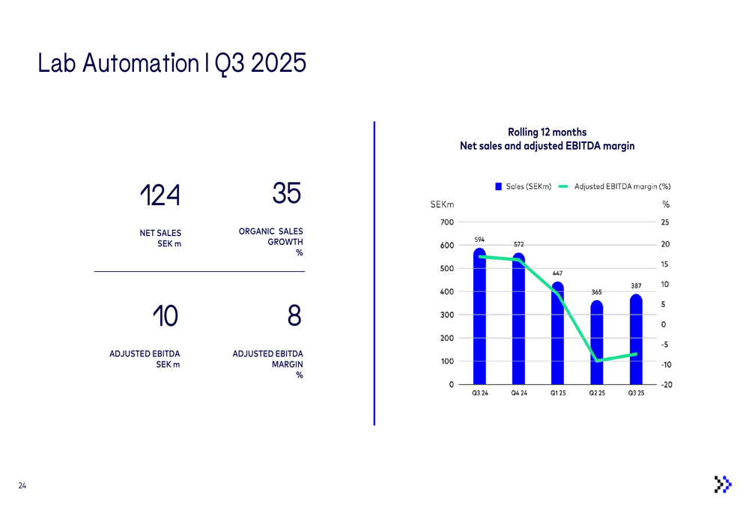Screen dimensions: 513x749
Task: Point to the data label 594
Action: [x=479, y=240]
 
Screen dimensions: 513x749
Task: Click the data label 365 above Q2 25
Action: [x=596, y=291]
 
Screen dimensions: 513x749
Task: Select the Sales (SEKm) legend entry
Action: [x=523, y=186]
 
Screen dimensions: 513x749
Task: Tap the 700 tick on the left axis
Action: [x=446, y=222]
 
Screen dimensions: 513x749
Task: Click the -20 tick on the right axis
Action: [x=666, y=385]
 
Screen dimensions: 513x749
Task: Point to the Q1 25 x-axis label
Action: [x=557, y=393]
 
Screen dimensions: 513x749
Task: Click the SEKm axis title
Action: [x=442, y=204]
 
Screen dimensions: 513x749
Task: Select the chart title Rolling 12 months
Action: [x=547, y=133]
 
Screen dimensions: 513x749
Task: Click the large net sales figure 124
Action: [x=160, y=196]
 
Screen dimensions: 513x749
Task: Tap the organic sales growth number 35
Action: [x=287, y=194]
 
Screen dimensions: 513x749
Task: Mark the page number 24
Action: [x=22, y=486]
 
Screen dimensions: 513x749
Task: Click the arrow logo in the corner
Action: [x=722, y=485]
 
